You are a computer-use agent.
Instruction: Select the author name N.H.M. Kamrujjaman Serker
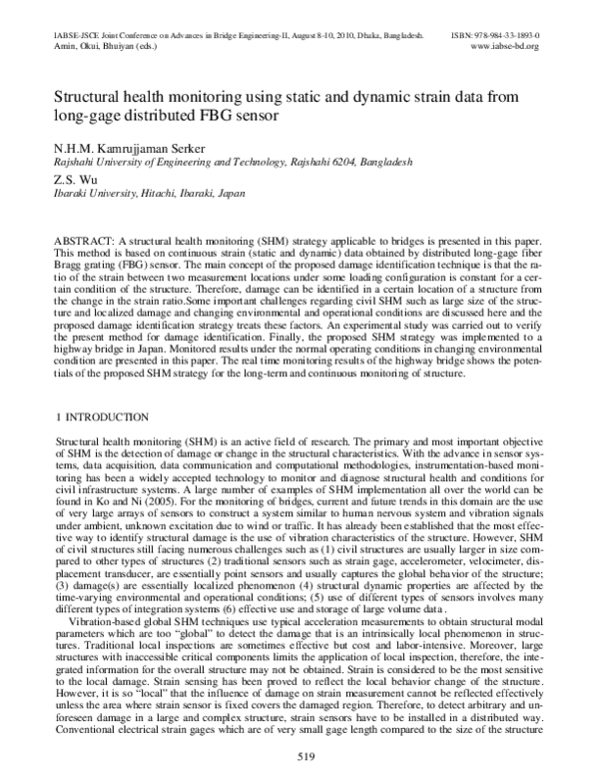point(138,147)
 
